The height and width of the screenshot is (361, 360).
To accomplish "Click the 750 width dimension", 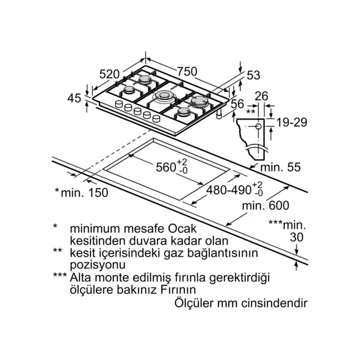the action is coord(187,71).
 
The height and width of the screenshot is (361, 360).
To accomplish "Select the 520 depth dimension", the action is coord(109,74).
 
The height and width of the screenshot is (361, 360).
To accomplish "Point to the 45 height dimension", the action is coord(74,98).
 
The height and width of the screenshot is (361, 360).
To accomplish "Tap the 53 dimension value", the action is coord(253,75).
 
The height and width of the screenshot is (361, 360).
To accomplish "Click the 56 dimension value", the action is coord(237,104).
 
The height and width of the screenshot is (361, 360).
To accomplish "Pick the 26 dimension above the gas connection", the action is coord(262,96).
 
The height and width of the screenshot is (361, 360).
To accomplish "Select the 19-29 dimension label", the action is coord(292,122).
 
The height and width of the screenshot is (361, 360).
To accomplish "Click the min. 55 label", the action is coord(280,167).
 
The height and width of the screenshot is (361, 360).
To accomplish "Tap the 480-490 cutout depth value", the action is coord(228,190).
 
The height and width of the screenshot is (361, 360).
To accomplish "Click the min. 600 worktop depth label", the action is coord(265,206).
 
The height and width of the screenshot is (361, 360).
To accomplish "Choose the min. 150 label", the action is coord(84,193).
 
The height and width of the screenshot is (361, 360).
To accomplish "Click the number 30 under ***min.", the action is coord(297,237).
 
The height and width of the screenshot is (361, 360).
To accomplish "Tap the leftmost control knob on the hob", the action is coord(119,104).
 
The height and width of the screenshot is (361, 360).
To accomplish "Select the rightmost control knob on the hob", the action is coord(156,118).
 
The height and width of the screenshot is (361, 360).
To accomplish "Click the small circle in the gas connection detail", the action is coord(258,126).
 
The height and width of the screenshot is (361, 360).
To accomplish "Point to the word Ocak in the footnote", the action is coord(182,229).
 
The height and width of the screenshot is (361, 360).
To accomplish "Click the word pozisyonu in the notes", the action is coord(98,265).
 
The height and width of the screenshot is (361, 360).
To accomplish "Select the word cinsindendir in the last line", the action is coord(275,303).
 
